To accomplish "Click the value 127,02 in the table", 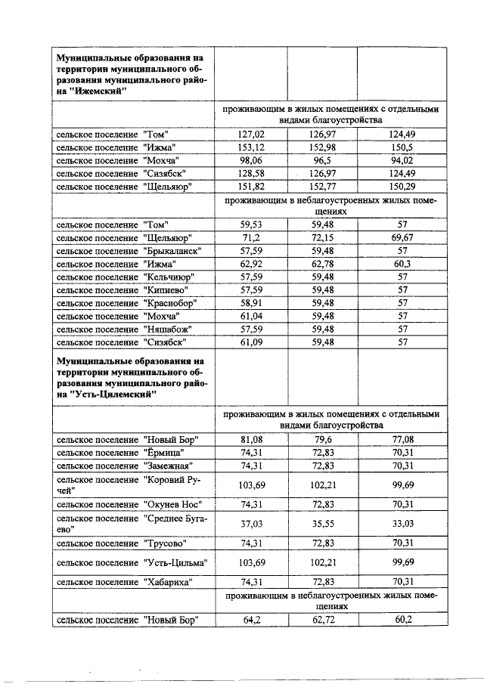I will click(x=250, y=134).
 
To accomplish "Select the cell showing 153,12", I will click(x=250, y=147).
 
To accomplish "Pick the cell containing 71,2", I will click(x=250, y=238).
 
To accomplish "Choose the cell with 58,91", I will click(x=250, y=302).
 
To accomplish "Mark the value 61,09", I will click(x=250, y=342).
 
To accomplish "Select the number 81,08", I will click(x=250, y=439).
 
